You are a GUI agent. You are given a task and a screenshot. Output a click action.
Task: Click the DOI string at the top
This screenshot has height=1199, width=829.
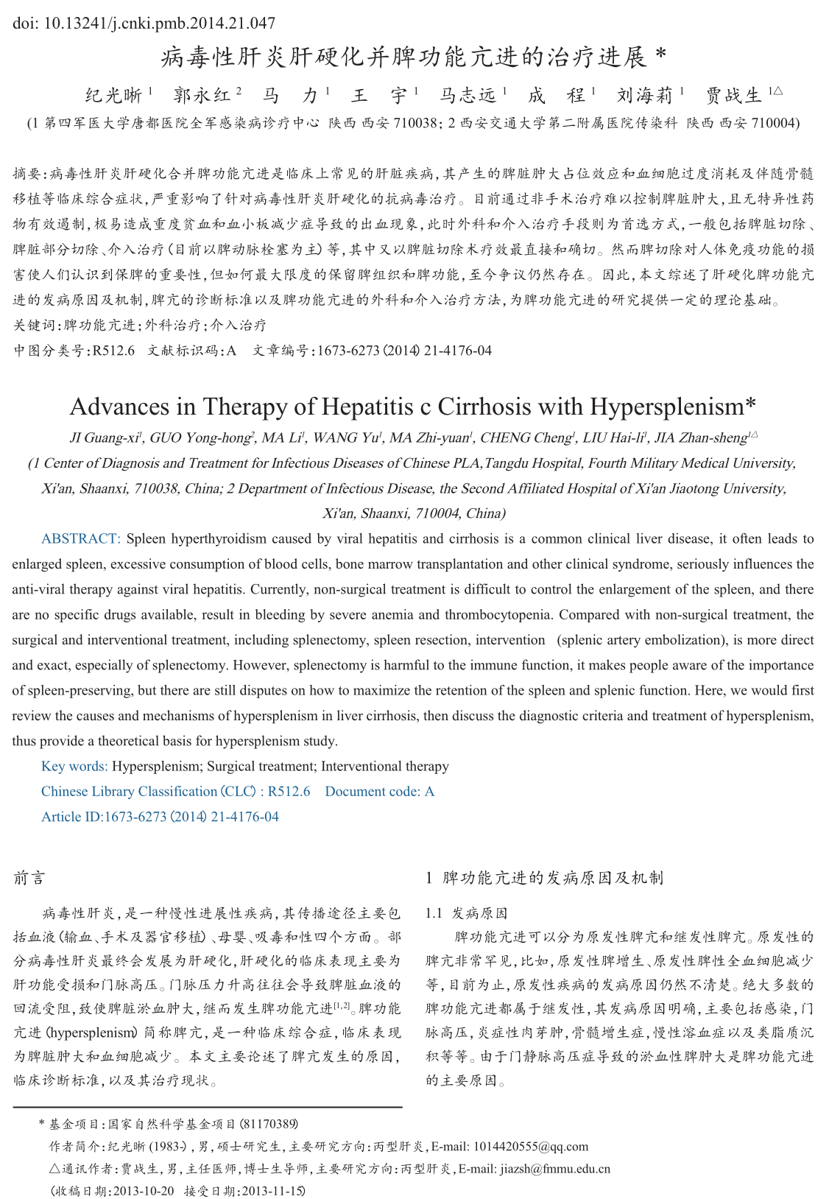tap(144, 24)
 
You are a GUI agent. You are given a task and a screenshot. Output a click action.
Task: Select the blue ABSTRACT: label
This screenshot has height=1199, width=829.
tap(81, 538)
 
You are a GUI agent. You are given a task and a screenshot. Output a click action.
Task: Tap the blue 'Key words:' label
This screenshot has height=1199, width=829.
tap(74, 766)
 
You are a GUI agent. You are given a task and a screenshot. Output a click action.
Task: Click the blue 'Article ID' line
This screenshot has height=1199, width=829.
tap(160, 816)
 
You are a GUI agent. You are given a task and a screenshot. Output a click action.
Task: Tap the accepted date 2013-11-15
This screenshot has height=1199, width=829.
tap(272, 1190)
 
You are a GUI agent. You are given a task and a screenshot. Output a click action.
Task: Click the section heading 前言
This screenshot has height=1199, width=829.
tap(29, 878)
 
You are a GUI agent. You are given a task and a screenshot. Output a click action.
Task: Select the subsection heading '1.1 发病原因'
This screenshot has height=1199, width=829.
tap(467, 913)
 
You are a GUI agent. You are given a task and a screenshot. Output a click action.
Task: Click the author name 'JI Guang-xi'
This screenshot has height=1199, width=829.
tap(105, 438)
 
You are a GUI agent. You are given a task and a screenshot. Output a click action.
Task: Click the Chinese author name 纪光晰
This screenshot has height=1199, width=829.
tap(114, 95)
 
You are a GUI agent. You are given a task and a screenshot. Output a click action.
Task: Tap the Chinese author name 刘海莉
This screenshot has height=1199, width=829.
tap(646, 95)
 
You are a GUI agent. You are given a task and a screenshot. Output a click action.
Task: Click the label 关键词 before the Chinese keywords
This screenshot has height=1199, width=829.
tap(32, 325)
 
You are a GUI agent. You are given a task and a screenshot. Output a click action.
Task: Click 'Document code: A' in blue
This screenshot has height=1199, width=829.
tap(379, 791)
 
